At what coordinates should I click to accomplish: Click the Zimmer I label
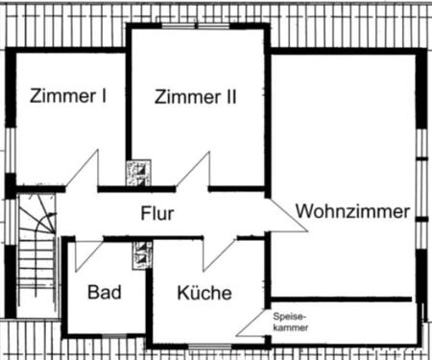click(67, 96)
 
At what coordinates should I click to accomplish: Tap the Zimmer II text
click(195, 96)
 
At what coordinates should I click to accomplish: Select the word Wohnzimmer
click(352, 210)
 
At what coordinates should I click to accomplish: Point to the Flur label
click(156, 213)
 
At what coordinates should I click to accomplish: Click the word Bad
click(103, 292)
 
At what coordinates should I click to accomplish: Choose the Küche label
click(204, 293)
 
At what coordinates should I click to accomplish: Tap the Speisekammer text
click(290, 321)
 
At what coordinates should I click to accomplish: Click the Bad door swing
click(87, 251)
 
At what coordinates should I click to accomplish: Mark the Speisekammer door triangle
click(254, 323)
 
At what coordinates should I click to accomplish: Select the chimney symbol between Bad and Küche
click(144, 255)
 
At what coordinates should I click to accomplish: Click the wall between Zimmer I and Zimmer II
click(129, 106)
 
